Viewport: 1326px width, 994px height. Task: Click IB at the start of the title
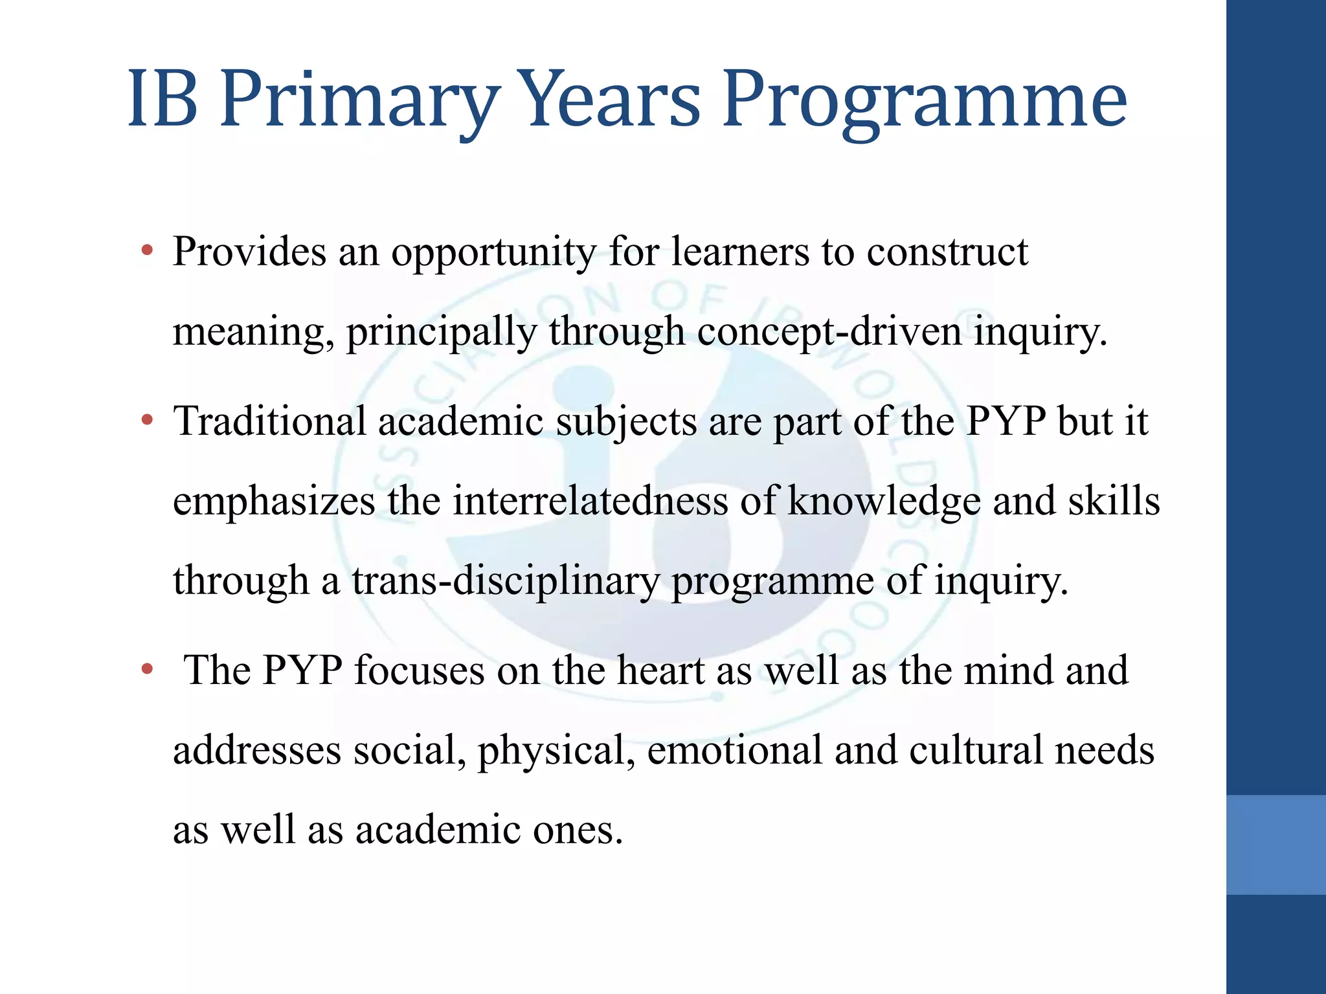(163, 100)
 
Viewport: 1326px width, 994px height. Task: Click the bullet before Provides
(148, 250)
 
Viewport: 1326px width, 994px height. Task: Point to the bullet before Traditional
(148, 421)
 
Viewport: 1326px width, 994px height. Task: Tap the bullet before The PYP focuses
(148, 669)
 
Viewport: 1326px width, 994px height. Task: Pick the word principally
(442, 333)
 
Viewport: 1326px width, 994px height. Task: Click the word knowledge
(884, 502)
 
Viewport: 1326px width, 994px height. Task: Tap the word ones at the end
(578, 830)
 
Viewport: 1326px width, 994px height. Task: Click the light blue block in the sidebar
(1275, 845)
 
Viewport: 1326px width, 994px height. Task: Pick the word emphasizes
(274, 502)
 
